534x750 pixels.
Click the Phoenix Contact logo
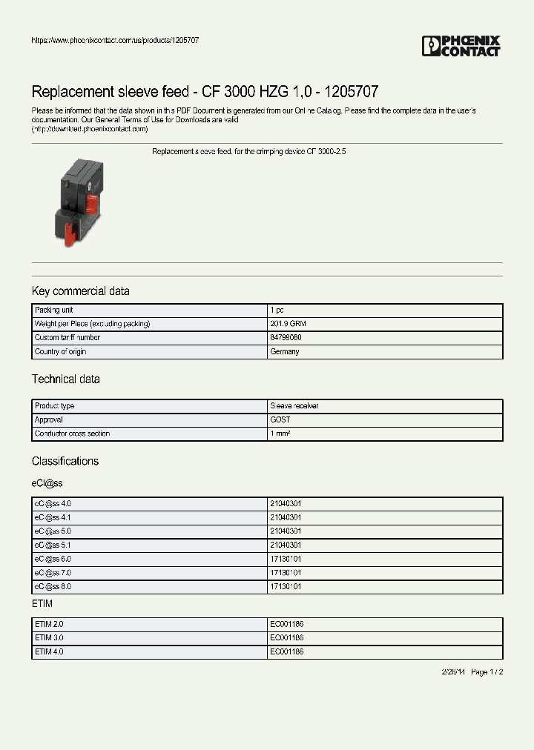461,46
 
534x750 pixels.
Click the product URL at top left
115,40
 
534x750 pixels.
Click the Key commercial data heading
80,291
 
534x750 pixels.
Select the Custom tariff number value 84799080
286,337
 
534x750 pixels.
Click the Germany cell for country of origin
285,351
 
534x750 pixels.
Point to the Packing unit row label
53,310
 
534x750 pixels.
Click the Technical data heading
65,379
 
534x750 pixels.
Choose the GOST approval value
280,419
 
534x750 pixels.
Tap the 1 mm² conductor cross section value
280,434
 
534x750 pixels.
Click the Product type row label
55,406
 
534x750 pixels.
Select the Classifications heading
65,461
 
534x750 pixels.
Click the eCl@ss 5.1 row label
53,545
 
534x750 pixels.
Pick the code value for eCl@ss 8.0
286,586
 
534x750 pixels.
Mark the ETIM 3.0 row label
50,637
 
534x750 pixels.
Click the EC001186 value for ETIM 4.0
287,651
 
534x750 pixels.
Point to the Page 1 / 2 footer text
487,672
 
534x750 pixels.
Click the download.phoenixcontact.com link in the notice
90,129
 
